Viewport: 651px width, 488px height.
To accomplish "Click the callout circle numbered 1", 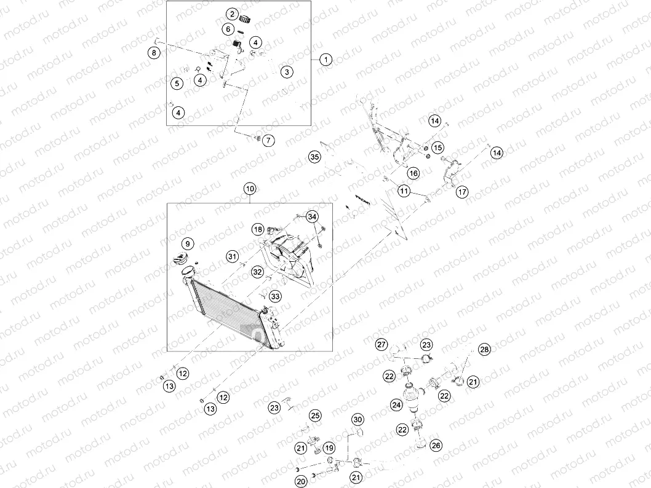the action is click(326, 60).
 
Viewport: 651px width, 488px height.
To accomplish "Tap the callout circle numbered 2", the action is click(232, 14).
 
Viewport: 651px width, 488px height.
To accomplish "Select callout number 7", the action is click(268, 141).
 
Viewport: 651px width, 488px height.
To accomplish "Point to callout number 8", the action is click(154, 53).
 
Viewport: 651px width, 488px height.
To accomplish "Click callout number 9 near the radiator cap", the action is click(188, 244).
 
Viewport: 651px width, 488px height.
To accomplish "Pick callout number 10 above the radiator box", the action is click(250, 189).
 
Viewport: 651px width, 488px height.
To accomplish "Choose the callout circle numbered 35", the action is click(314, 157).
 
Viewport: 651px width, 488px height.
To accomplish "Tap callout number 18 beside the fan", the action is click(258, 229).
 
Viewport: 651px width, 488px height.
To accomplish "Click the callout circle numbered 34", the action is click(312, 216).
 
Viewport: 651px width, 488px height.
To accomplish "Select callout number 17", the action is click(462, 192).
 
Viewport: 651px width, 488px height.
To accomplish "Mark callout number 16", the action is click(413, 173).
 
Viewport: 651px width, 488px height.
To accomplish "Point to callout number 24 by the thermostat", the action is click(396, 404).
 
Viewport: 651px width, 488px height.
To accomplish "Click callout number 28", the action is click(484, 350).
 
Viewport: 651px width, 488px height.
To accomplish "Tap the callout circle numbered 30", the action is click(358, 420).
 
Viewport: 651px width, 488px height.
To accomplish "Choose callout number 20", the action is click(301, 481).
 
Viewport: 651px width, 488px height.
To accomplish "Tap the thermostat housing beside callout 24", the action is click(413, 398).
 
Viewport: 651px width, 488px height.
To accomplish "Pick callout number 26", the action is click(436, 446).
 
